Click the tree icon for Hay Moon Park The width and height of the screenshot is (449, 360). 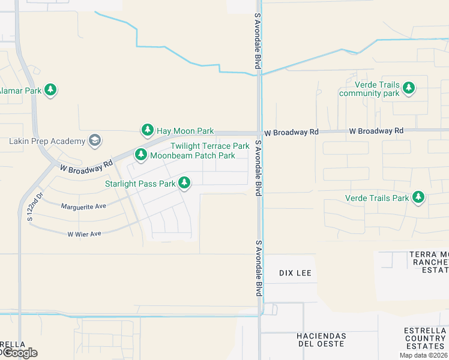point(148,130)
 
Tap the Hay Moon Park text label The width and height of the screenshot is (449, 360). point(185,130)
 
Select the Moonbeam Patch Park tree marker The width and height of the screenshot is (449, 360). point(141,155)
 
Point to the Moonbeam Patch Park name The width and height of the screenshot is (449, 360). point(192,155)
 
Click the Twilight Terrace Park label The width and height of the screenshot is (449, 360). point(209,146)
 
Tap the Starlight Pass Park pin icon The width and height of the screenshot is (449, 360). point(185,182)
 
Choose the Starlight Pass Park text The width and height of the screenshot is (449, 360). point(140,184)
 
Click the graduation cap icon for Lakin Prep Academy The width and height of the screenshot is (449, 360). point(94,140)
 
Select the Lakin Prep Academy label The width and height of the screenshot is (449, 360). point(47,141)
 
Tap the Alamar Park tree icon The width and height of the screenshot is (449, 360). point(50,90)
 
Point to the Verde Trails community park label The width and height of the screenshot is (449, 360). point(369,89)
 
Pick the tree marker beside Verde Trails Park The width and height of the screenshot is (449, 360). point(418,197)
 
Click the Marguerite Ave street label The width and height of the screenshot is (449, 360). point(83,206)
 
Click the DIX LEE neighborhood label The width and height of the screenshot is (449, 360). point(295,272)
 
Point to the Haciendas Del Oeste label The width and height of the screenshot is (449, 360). point(322,339)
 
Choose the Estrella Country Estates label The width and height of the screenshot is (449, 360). point(426,338)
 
